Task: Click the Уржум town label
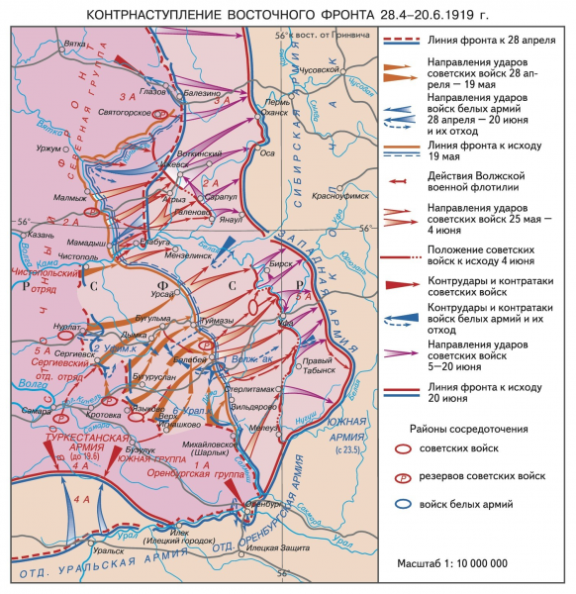[47, 148]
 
